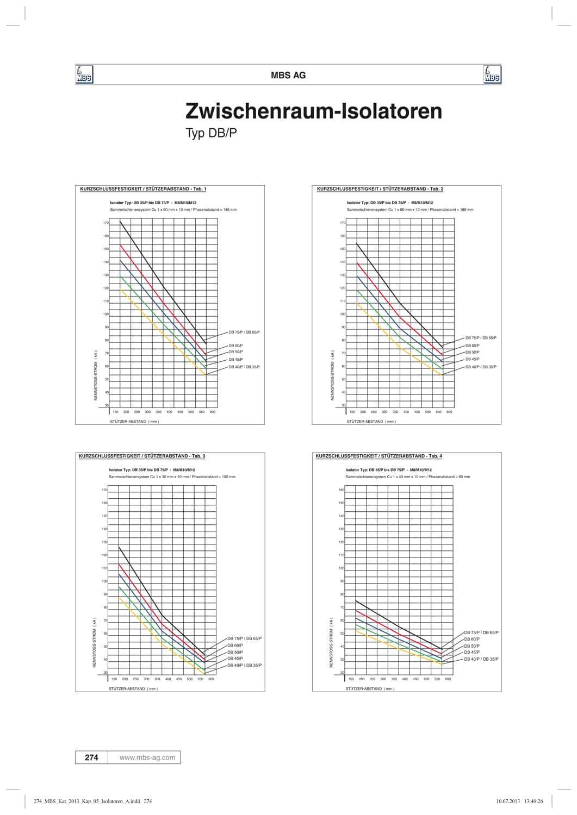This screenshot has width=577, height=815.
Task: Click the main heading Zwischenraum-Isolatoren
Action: click(314, 111)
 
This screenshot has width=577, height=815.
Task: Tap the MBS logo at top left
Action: click(84, 75)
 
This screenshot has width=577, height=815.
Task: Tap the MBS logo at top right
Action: click(492, 75)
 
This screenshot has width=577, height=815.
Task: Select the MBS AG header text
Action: click(288, 76)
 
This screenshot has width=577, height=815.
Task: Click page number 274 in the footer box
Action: click(91, 757)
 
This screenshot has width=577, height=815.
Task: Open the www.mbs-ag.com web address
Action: click(147, 757)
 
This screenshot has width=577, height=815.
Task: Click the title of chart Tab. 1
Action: click(143, 189)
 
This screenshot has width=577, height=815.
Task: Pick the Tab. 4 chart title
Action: click(379, 456)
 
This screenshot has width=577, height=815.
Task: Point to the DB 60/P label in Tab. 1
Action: click(236, 346)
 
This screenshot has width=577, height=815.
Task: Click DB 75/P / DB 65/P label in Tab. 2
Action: click(481, 338)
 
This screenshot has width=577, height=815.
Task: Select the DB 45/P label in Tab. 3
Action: click(235, 659)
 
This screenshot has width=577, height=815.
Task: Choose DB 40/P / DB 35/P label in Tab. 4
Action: click(481, 659)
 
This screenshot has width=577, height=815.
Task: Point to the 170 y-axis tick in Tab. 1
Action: click(106, 223)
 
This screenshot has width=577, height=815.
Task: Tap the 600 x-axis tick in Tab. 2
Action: click(449, 412)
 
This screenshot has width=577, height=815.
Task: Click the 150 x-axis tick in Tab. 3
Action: click(114, 679)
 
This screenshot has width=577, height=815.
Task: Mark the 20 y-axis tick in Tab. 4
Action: click(342, 673)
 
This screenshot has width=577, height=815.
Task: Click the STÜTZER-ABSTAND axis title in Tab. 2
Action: click(371, 422)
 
